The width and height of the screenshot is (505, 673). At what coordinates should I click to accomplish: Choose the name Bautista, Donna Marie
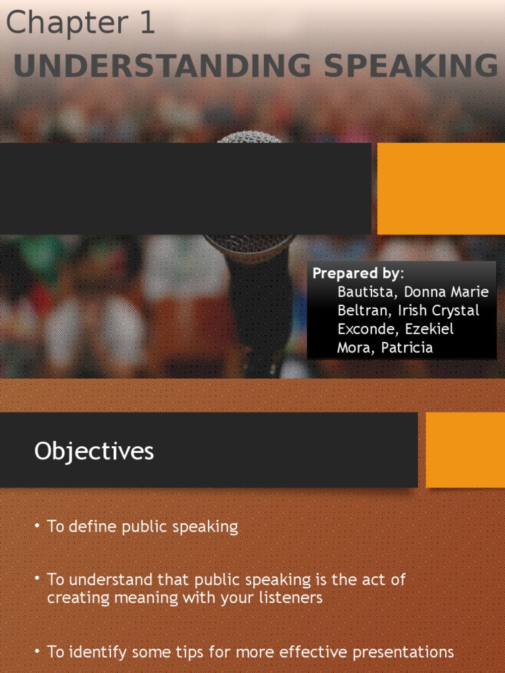(x=413, y=292)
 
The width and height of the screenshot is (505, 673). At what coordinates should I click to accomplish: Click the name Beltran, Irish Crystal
(x=408, y=310)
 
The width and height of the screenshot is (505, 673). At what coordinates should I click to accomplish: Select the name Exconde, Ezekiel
(x=395, y=329)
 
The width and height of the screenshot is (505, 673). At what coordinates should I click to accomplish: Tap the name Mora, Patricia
(x=385, y=348)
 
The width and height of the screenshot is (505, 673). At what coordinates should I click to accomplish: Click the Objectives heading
(x=94, y=452)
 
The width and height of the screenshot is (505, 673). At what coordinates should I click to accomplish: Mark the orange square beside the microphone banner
(x=441, y=189)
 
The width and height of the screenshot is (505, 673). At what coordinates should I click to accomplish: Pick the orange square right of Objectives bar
(x=465, y=450)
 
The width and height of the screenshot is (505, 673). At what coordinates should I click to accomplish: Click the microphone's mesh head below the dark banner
(x=249, y=244)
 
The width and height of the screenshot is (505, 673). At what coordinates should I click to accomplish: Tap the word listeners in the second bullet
(x=291, y=597)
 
